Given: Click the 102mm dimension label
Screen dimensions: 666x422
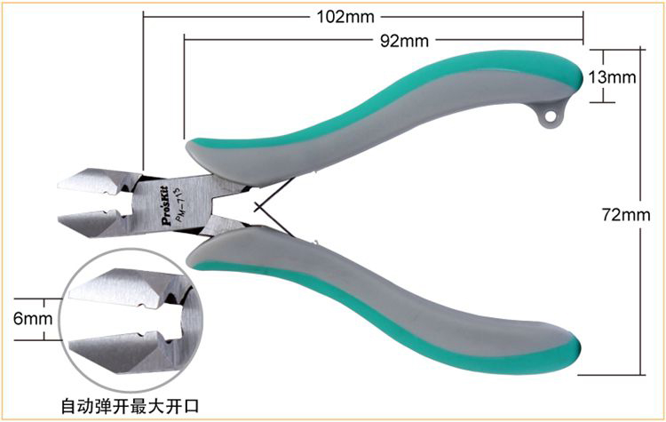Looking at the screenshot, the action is pyautogui.click(x=345, y=17).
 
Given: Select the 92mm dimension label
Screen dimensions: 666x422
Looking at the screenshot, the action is pyautogui.click(x=404, y=41).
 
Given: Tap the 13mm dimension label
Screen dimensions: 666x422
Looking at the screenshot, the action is pyautogui.click(x=612, y=77).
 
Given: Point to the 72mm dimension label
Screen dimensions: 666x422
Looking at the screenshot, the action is pyautogui.click(x=626, y=215).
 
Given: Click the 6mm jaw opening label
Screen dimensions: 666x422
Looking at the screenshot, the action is pyautogui.click(x=33, y=318).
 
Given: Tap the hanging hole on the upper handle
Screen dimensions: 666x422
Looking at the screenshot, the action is pyautogui.click(x=550, y=115).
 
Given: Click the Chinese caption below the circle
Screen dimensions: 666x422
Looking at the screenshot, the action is pyautogui.click(x=130, y=406).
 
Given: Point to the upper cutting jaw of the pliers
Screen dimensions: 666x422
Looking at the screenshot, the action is pyautogui.click(x=98, y=181).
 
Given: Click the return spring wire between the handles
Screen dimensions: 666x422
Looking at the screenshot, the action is pyautogui.click(x=274, y=207).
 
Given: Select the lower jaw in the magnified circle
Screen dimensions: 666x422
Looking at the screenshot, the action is pyautogui.click(x=123, y=353).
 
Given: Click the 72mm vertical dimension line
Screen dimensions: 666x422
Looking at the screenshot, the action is pyautogui.click(x=640, y=212).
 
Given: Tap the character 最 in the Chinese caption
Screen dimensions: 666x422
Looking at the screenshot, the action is pyautogui.click(x=139, y=406).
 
